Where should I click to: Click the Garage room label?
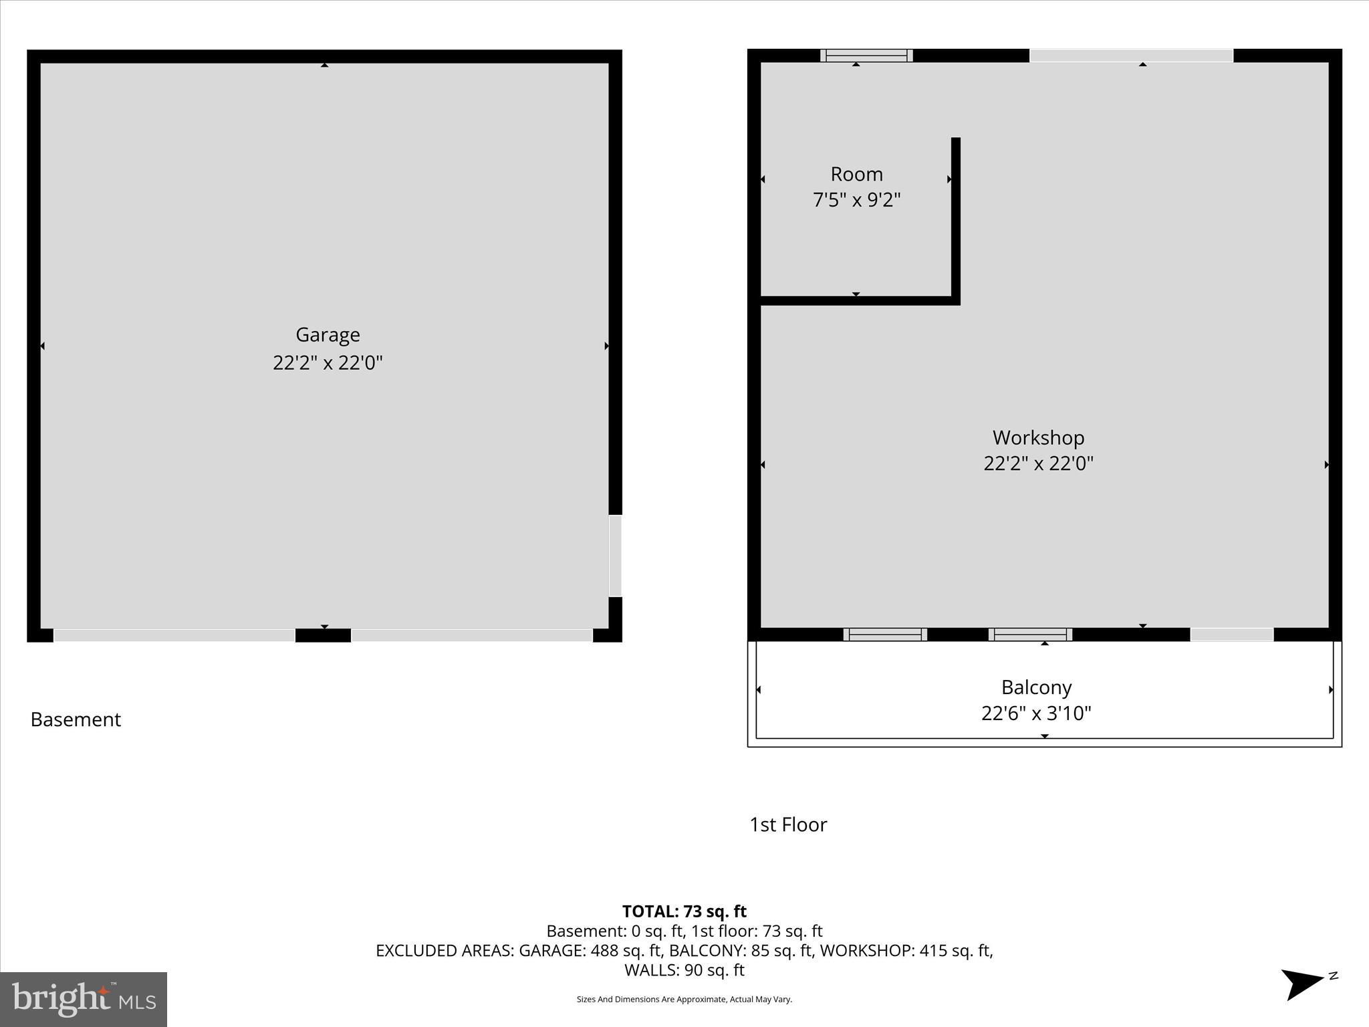(328, 334)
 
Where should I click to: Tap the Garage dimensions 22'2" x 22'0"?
(328, 363)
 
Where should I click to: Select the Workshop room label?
(1038, 437)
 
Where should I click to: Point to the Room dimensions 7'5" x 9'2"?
(856, 200)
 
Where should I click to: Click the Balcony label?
(1036, 687)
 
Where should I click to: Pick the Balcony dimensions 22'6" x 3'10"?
(1036, 713)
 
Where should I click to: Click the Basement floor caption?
(76, 719)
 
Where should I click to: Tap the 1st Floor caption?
(788, 824)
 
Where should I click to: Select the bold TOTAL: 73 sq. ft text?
(684, 911)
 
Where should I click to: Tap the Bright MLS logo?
(84, 1000)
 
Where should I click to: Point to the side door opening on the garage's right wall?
(615, 555)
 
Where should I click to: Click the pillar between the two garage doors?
(323, 635)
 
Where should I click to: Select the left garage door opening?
(174, 635)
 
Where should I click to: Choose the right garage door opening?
(472, 635)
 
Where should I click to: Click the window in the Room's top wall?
(866, 55)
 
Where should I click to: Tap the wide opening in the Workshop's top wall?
(1131, 55)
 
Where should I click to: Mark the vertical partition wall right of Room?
(956, 221)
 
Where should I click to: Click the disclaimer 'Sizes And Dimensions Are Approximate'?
(684, 1000)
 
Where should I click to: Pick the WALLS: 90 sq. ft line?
(684, 969)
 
